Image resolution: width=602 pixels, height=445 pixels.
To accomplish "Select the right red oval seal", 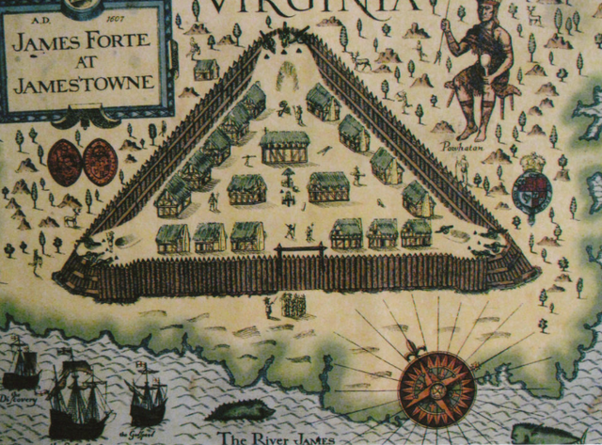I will (x=98, y=161).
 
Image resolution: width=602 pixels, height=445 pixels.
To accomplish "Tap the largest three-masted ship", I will (x=80, y=390).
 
